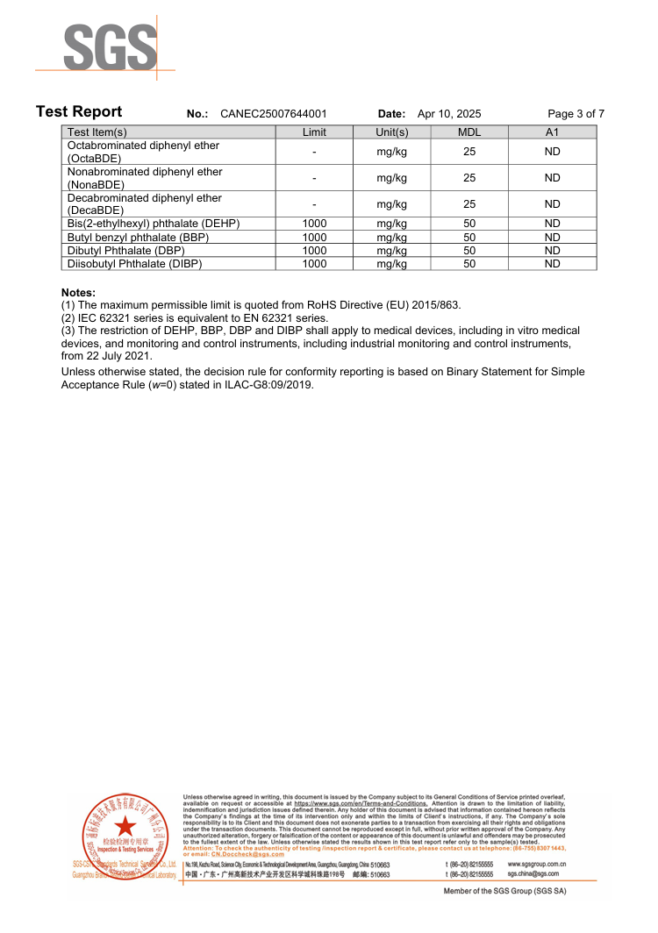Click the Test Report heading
[79, 112]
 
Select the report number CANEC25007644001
[274, 114]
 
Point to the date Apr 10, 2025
[449, 114]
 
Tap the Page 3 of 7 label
[576, 114]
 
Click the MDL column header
[469, 132]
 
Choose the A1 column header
[552, 132]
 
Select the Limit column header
[314, 132]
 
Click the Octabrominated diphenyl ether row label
[143, 152]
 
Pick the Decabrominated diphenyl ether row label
[144, 204]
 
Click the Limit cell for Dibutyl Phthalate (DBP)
[314, 250]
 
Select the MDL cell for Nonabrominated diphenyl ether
[469, 178]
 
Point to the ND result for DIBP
[552, 263]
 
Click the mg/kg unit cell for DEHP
[391, 224]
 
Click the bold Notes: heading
[78, 292]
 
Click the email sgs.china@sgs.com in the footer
[533, 873]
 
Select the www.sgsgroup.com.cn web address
[536, 864]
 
